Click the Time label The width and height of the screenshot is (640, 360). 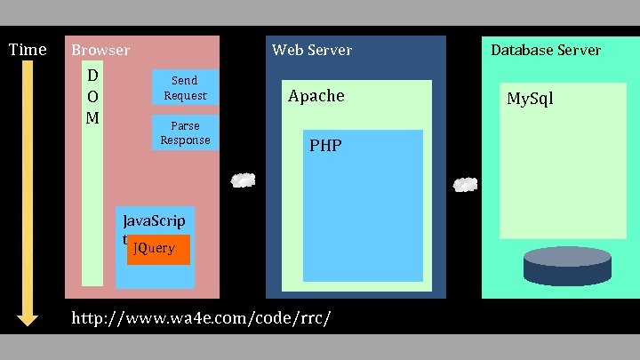[x=27, y=50]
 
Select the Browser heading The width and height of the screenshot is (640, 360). [x=100, y=51]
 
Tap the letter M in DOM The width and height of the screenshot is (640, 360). [x=92, y=116]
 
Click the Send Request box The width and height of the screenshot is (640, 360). [x=186, y=87]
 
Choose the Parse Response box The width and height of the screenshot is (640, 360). [x=186, y=132]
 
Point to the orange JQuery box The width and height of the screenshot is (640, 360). [x=158, y=249]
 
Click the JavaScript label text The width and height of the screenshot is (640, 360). [x=156, y=220]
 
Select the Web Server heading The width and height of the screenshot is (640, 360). [x=312, y=51]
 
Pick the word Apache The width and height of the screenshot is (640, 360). [x=316, y=96]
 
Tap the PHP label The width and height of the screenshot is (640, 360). [x=325, y=146]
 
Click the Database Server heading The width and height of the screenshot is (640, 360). [x=546, y=51]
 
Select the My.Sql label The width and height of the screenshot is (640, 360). [x=530, y=98]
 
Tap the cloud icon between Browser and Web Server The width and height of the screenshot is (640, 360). [x=243, y=180]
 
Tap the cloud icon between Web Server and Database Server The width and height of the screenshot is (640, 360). [x=466, y=185]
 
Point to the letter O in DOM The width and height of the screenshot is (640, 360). [x=92, y=95]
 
